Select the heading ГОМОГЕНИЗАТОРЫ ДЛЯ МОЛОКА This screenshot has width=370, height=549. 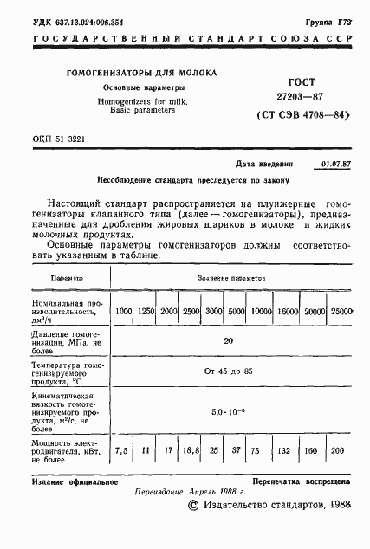click(x=143, y=74)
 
